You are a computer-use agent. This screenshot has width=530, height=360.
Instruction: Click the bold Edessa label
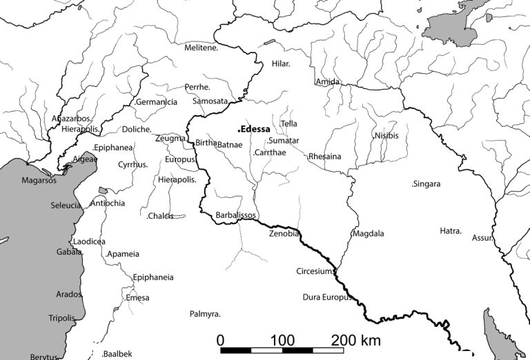pyautogui.click(x=254, y=129)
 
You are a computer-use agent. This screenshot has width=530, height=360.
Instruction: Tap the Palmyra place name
pyautogui.click(x=205, y=314)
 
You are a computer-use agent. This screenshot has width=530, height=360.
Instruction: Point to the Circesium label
pyautogui.click(x=315, y=271)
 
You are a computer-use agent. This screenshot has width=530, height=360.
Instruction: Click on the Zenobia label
pyautogui.click(x=284, y=234)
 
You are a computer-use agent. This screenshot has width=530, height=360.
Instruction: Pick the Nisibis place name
pyautogui.click(x=386, y=135)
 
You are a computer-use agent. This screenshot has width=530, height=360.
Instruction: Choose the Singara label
pyautogui.click(x=426, y=184)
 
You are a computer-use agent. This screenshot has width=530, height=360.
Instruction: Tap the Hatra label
pyautogui.click(x=451, y=231)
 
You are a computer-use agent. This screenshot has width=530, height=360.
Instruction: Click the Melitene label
pyautogui.click(x=202, y=48)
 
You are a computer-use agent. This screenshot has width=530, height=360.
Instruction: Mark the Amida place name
pyautogui.click(x=327, y=82)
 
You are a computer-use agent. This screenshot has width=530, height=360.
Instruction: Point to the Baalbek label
pyautogui.click(x=117, y=354)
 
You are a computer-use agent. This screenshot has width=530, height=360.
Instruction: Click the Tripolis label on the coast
pyautogui.click(x=61, y=318)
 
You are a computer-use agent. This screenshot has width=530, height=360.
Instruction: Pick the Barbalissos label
pyautogui.click(x=235, y=215)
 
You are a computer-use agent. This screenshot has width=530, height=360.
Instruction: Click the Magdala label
pyautogui.click(x=368, y=234)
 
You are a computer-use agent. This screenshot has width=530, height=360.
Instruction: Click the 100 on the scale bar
pyautogui.click(x=283, y=340)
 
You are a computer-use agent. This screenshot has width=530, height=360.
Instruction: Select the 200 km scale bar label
pyautogui.click(x=356, y=340)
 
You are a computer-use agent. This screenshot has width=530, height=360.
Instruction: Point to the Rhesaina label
pyautogui.click(x=324, y=157)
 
